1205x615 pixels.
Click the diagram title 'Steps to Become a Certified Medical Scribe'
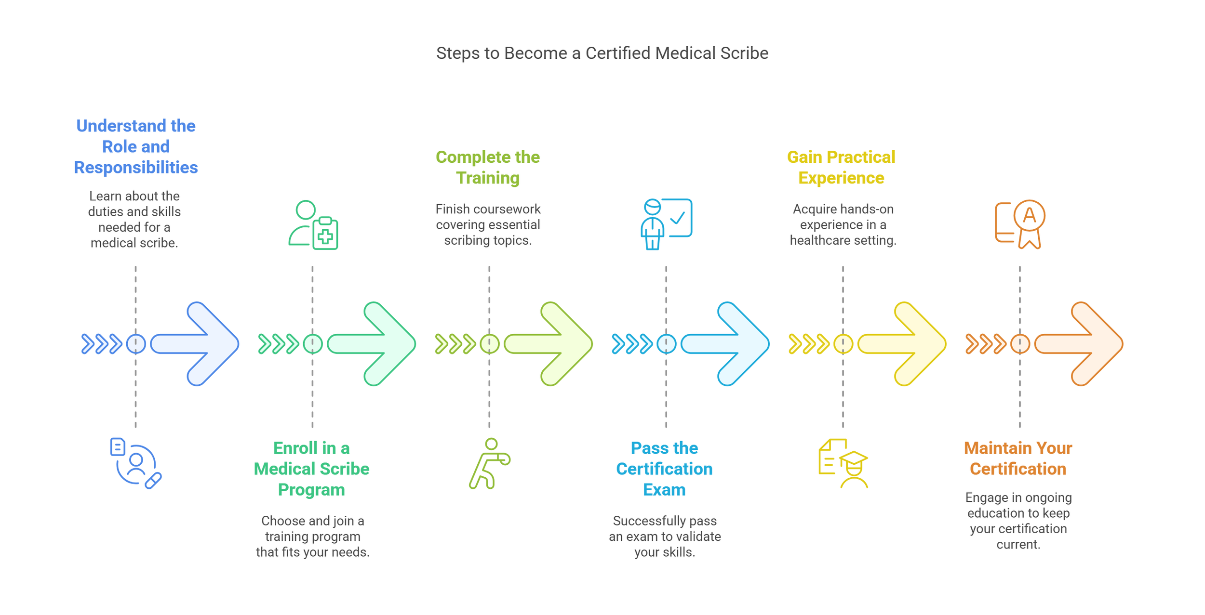coord(602,53)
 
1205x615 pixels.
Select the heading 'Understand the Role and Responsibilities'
coord(135,146)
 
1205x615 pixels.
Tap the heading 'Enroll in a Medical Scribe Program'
coord(311,469)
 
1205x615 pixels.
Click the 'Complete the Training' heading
coord(488,167)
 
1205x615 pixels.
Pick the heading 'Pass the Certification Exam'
coord(664,469)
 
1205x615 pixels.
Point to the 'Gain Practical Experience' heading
coord(841,167)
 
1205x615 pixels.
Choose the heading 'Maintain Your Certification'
coord(1018,458)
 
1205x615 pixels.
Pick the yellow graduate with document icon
coord(843,463)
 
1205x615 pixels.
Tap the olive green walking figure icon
coord(489,463)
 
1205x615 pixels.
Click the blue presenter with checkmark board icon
coord(666,224)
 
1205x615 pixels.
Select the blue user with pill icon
coord(135,463)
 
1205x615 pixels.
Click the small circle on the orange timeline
coord(1020,344)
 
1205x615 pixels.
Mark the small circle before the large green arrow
coord(313,344)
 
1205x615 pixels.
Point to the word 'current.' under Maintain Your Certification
coord(1018,544)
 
